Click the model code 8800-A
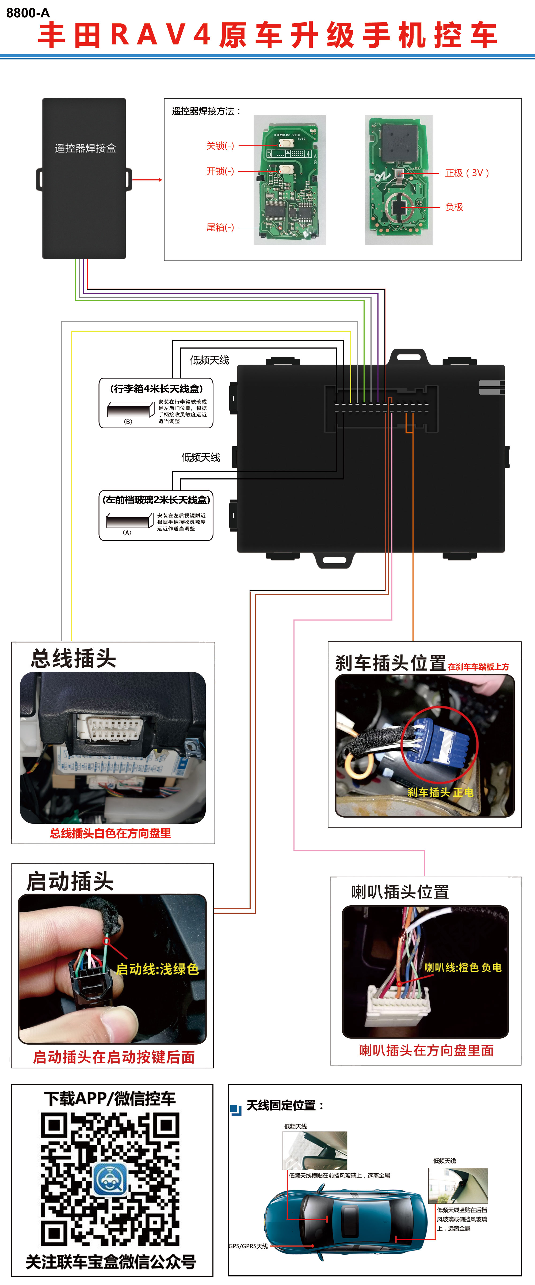pos(28,13)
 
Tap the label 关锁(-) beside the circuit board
pos(220,146)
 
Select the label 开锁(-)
pos(220,171)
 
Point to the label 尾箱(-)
pos(220,228)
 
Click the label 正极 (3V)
pos(467,173)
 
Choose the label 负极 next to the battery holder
pos(454,207)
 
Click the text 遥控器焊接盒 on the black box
pos(85,148)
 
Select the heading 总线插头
pos(73,659)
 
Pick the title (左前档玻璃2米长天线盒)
pos(156,499)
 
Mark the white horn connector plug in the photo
pos(398,1003)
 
